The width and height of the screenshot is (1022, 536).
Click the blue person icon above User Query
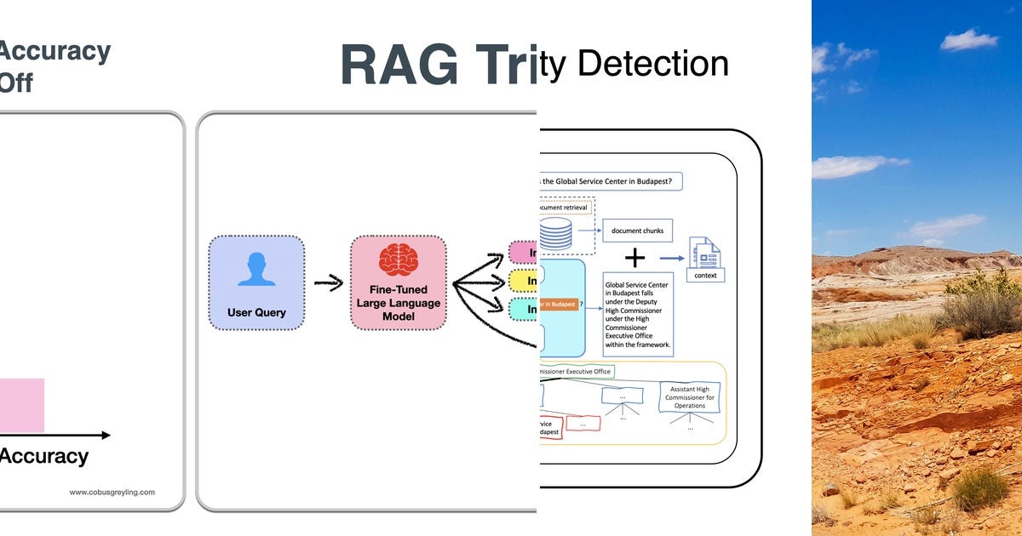(256, 268)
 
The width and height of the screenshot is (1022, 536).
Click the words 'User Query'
(256, 312)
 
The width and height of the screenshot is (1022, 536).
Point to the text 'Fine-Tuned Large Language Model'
(399, 303)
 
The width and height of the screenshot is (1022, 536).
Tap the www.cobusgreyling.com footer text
(112, 492)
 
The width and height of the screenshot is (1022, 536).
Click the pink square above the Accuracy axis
(22, 405)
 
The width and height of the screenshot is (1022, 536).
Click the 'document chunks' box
(638, 231)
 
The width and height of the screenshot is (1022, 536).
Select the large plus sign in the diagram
(635, 258)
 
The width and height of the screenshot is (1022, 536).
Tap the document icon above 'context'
(703, 254)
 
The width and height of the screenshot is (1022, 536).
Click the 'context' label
(705, 276)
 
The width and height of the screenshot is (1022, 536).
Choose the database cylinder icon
(556, 233)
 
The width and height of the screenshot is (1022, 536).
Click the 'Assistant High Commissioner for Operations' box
(690, 396)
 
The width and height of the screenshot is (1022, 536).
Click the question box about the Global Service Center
(610, 181)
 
